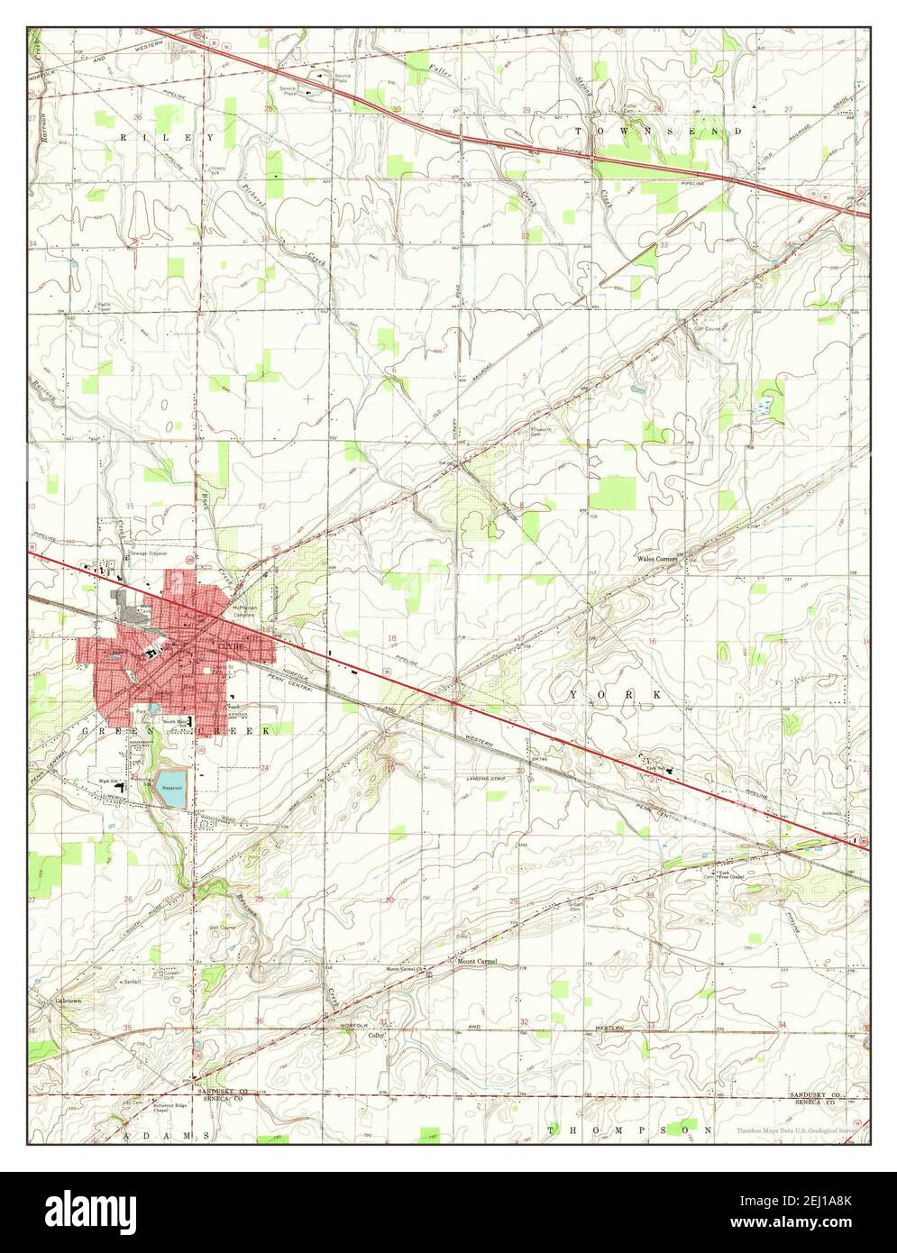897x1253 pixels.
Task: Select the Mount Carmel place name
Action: pos(477,961)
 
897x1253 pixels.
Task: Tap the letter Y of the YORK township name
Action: pos(574,695)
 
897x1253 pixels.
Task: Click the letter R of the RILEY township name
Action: pos(124,137)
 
